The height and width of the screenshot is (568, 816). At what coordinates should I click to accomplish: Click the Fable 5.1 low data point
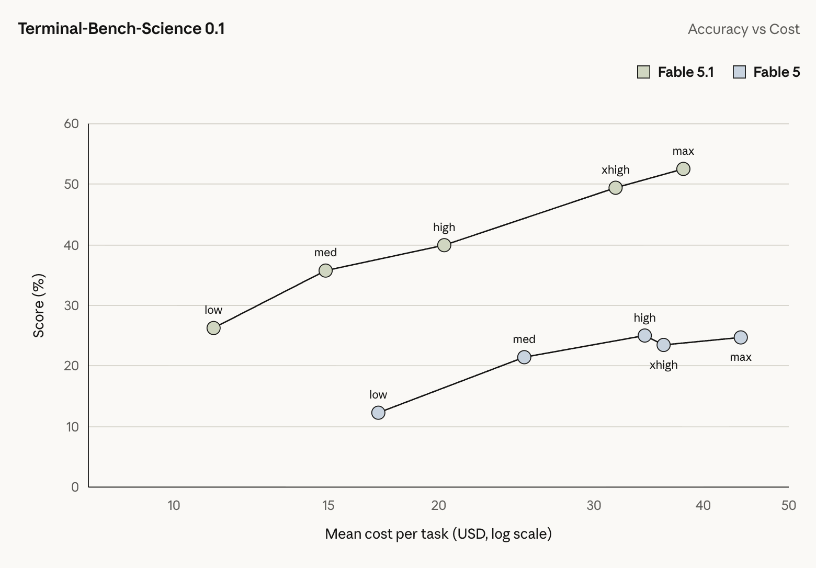tap(213, 328)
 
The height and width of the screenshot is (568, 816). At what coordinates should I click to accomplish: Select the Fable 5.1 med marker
tap(325, 271)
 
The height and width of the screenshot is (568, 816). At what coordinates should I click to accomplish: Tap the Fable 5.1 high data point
tap(444, 245)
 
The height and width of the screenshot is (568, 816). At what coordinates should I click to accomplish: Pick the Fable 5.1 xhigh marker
tap(615, 188)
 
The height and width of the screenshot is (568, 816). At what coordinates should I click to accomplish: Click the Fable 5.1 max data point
tap(683, 169)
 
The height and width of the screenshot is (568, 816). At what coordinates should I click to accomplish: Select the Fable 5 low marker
tap(378, 413)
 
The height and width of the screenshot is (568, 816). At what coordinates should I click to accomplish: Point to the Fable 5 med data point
tap(524, 357)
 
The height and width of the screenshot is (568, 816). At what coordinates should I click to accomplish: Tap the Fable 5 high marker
tap(644, 336)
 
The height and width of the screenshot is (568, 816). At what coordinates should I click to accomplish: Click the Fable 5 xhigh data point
tap(663, 345)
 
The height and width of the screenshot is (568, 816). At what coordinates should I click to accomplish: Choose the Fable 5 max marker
tap(741, 337)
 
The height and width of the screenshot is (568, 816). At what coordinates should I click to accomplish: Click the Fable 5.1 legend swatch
tap(644, 72)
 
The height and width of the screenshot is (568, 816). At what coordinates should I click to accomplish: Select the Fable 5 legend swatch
tap(739, 72)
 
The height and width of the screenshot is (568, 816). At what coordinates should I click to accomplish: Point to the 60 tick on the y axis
tap(71, 124)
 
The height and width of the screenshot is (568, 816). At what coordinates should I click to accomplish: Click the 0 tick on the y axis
tap(75, 487)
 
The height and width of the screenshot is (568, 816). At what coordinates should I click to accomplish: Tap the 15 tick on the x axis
tap(328, 506)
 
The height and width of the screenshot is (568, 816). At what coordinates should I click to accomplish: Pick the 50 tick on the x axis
tap(789, 506)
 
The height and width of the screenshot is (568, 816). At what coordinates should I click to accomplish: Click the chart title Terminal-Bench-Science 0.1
tap(121, 29)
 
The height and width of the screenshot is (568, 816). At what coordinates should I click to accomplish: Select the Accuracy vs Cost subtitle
tap(743, 29)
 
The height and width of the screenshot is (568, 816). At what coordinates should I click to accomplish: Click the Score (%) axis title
tap(39, 305)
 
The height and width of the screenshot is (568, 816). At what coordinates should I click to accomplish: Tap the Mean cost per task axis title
tap(438, 534)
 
